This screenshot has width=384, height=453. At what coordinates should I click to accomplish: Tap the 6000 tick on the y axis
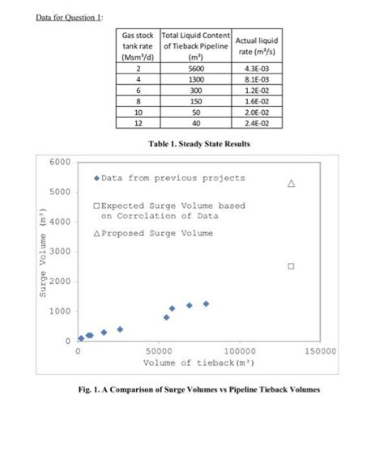click(59, 162)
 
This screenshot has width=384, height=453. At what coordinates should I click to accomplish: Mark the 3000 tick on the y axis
click(59, 252)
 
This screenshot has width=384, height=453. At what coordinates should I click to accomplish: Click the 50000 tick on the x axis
click(158, 352)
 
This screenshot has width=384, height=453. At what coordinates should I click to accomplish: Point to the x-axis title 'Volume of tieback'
click(192, 363)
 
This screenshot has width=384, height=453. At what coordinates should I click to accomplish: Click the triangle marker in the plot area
click(290, 183)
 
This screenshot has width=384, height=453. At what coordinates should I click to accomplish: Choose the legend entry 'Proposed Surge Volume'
click(154, 233)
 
